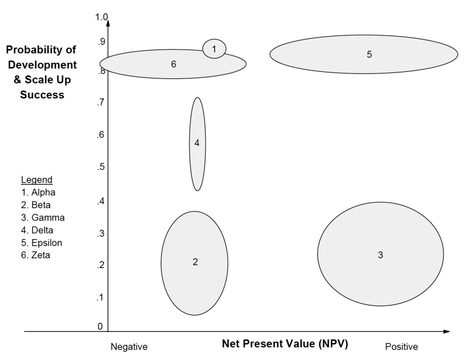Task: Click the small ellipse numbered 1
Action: (x=214, y=48)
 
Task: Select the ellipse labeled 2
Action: (x=194, y=262)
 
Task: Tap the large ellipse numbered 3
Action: (x=381, y=254)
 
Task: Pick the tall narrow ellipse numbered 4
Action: (x=197, y=143)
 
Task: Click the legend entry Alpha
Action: (x=38, y=192)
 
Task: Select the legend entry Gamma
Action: (x=43, y=217)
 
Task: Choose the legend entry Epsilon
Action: (x=42, y=243)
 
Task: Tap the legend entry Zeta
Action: (x=36, y=255)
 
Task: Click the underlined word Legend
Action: (x=37, y=180)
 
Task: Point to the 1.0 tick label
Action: (x=101, y=17)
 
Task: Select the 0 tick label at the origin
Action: (x=100, y=326)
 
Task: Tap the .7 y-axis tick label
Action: (x=100, y=103)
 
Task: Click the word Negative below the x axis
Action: (x=129, y=347)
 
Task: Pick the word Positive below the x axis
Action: (x=401, y=347)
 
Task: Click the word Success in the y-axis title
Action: (x=42, y=95)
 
